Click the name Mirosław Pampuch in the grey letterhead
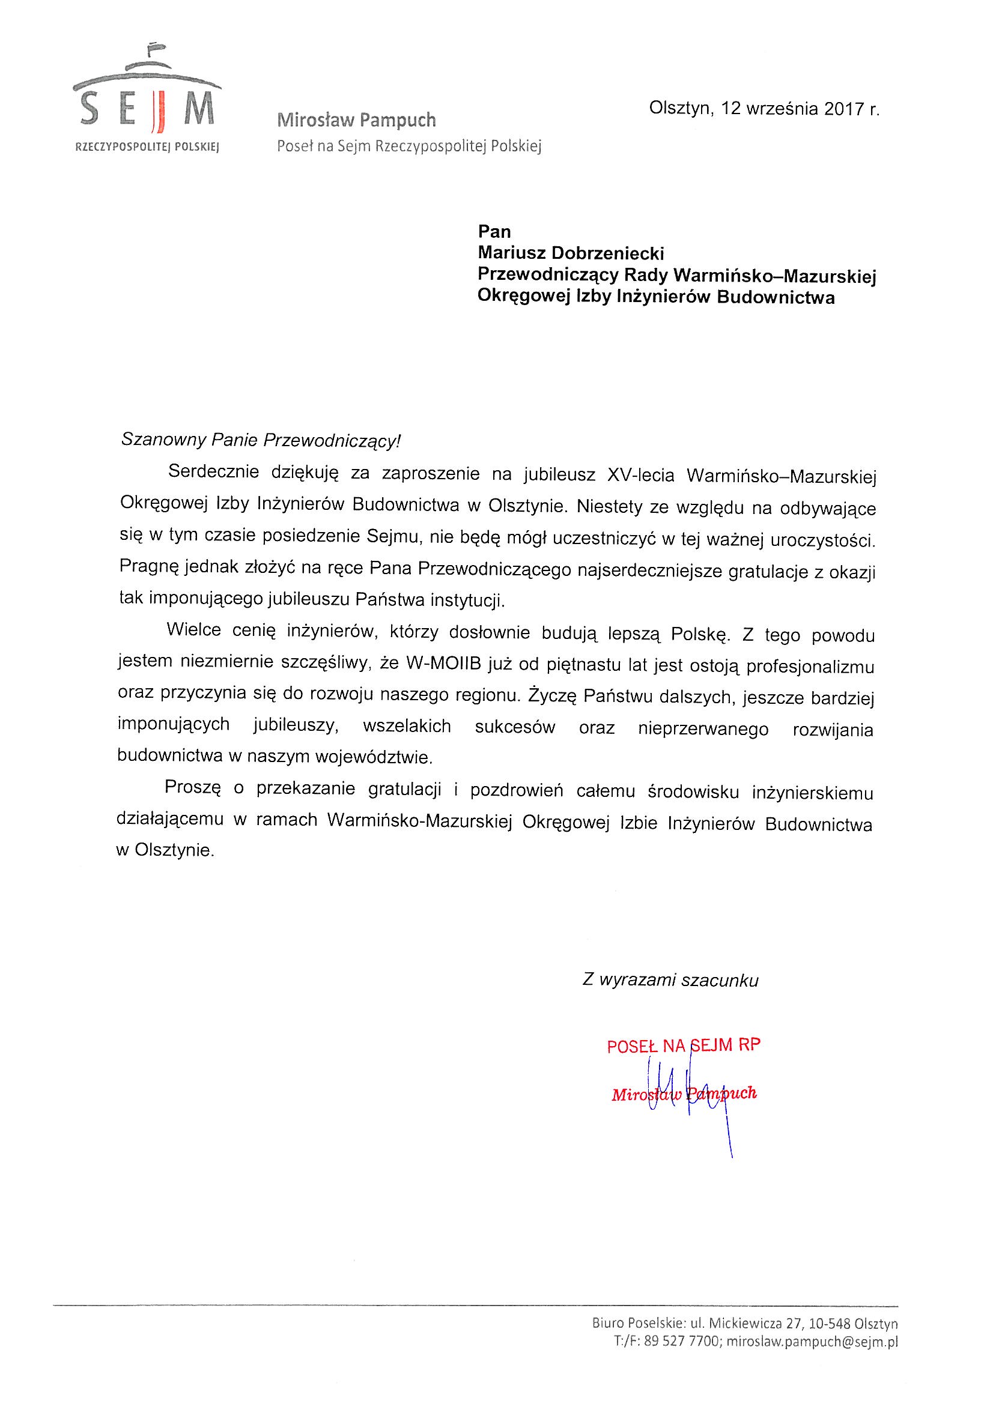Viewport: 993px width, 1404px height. coord(356,120)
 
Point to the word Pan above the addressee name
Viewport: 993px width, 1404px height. coord(494,231)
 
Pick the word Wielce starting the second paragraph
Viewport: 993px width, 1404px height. coord(193,631)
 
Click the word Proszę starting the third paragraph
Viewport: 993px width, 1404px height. coord(192,789)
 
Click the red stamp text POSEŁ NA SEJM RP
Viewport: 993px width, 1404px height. coord(684,1045)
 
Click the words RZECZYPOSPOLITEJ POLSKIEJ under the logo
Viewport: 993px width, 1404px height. coord(146,147)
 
